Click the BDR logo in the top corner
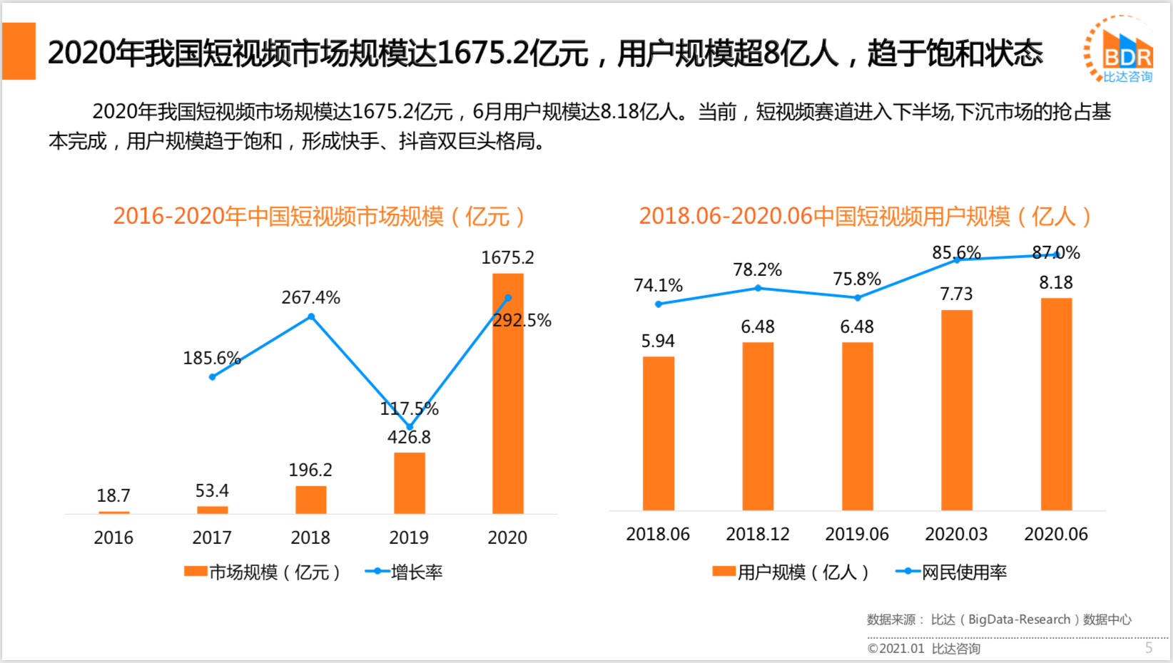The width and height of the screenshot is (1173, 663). (x=1119, y=50)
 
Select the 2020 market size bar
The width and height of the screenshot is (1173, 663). (x=508, y=399)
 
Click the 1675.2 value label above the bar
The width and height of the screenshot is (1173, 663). (x=507, y=257)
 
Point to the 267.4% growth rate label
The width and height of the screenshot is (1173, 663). (x=310, y=297)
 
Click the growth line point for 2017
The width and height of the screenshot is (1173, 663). (x=212, y=376)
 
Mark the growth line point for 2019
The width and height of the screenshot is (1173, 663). (x=410, y=427)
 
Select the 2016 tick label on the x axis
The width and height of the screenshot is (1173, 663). (x=113, y=538)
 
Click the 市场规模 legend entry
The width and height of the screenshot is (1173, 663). (x=263, y=572)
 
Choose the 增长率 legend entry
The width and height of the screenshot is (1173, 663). (x=404, y=572)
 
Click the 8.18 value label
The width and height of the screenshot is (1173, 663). (x=1056, y=282)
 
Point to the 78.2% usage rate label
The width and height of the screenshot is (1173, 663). (x=757, y=269)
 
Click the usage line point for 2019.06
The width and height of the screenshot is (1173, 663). (x=857, y=298)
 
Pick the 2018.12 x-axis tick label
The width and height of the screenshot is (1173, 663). (x=757, y=534)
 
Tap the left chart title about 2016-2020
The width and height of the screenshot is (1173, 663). (x=319, y=216)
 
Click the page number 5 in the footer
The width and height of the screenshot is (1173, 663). (x=1149, y=647)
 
